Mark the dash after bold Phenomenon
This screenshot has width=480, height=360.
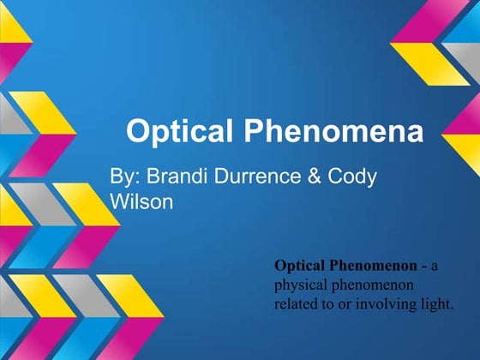pyautogui.click(x=423, y=267)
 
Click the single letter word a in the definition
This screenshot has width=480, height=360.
pyautogui.click(x=434, y=267)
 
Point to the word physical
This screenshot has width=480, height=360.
pyautogui.click(x=299, y=285)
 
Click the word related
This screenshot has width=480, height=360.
pyautogui.click(x=295, y=304)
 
